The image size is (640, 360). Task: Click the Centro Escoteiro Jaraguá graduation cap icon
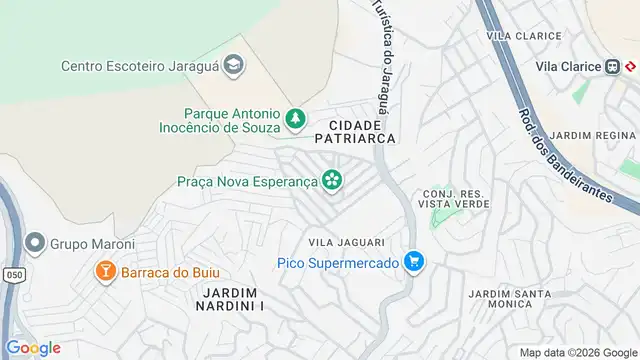233,66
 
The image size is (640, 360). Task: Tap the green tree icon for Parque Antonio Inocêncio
295,120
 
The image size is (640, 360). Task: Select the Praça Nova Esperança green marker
332,181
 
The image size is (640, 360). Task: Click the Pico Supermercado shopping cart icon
414,263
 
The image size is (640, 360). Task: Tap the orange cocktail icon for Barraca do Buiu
104,271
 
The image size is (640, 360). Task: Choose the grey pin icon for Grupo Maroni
36,242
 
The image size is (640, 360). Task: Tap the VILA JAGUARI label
341,241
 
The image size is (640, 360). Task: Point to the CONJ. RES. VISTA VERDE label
456,197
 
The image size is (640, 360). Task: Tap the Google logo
32,347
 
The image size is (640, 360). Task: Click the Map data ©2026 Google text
578,352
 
